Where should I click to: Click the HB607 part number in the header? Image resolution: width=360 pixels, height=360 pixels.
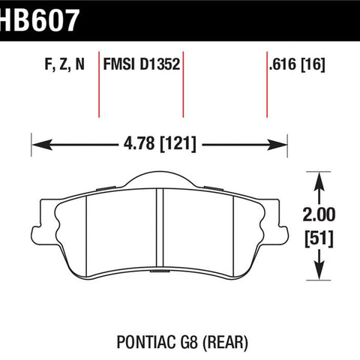[x=40, y=20]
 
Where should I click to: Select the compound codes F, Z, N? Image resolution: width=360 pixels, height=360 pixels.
[x=64, y=64]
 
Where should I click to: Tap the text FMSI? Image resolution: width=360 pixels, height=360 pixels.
[x=119, y=64]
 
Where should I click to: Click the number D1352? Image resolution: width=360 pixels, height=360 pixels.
[x=160, y=64]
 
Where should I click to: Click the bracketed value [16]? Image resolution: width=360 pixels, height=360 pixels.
[x=313, y=64]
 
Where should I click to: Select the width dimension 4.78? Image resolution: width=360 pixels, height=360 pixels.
[x=139, y=143]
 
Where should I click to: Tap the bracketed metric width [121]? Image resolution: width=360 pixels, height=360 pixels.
[x=178, y=144]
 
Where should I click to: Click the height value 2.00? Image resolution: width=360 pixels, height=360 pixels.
[x=319, y=214]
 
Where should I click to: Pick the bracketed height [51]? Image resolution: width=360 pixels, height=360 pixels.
[x=319, y=238]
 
